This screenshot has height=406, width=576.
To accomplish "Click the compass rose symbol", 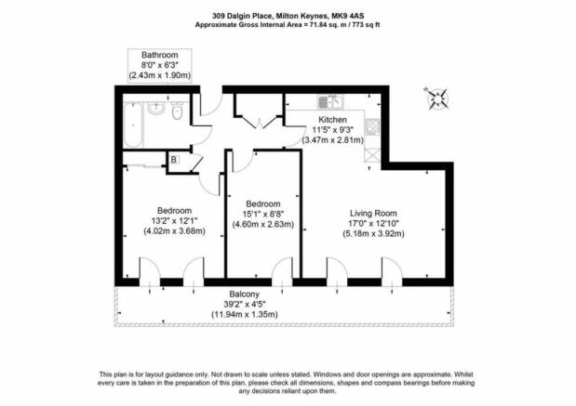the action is pyautogui.click(x=437, y=98).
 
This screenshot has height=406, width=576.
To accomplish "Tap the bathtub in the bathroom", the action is pyautogui.click(x=133, y=124).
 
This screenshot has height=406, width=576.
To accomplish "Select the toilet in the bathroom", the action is pyautogui.click(x=177, y=111).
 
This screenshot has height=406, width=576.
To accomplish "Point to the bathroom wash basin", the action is pyautogui.click(x=156, y=109).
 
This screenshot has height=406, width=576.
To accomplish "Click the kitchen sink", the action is pyautogui.click(x=330, y=101).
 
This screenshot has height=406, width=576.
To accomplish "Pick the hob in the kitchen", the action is pyautogui.click(x=372, y=127).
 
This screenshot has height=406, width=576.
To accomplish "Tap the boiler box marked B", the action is pyautogui.click(x=174, y=160).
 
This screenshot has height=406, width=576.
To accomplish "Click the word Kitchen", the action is pyautogui.click(x=332, y=120).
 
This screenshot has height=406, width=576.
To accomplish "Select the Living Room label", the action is pyautogui.click(x=373, y=213).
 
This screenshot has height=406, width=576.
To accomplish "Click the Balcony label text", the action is pyautogui.click(x=245, y=294).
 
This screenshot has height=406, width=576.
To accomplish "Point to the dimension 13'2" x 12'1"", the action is pyautogui.click(x=175, y=221).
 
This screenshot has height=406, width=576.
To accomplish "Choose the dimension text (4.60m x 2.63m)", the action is pyautogui.click(x=263, y=225).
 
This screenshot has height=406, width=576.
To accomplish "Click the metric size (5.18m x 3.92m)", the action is pyautogui.click(x=373, y=233).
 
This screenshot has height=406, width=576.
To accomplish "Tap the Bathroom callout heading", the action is pyautogui.click(x=160, y=55).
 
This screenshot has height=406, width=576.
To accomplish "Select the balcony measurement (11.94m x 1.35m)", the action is pyautogui.click(x=245, y=314).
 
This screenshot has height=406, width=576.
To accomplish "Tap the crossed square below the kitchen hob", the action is pyautogui.click(x=372, y=156).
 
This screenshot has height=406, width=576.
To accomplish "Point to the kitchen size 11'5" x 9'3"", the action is pyautogui.click(x=333, y=129).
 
